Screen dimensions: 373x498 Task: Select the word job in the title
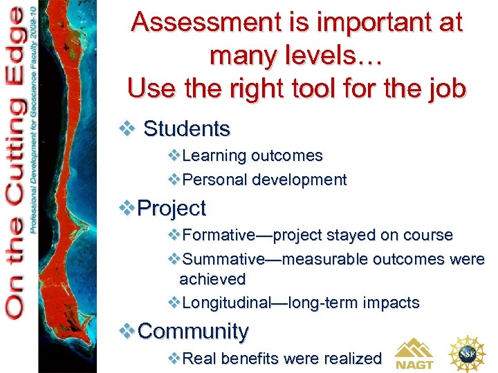443,89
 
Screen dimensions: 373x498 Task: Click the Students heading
186,128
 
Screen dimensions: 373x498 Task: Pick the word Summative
223,259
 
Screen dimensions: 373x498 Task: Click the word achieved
212,279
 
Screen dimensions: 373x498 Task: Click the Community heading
193,332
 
